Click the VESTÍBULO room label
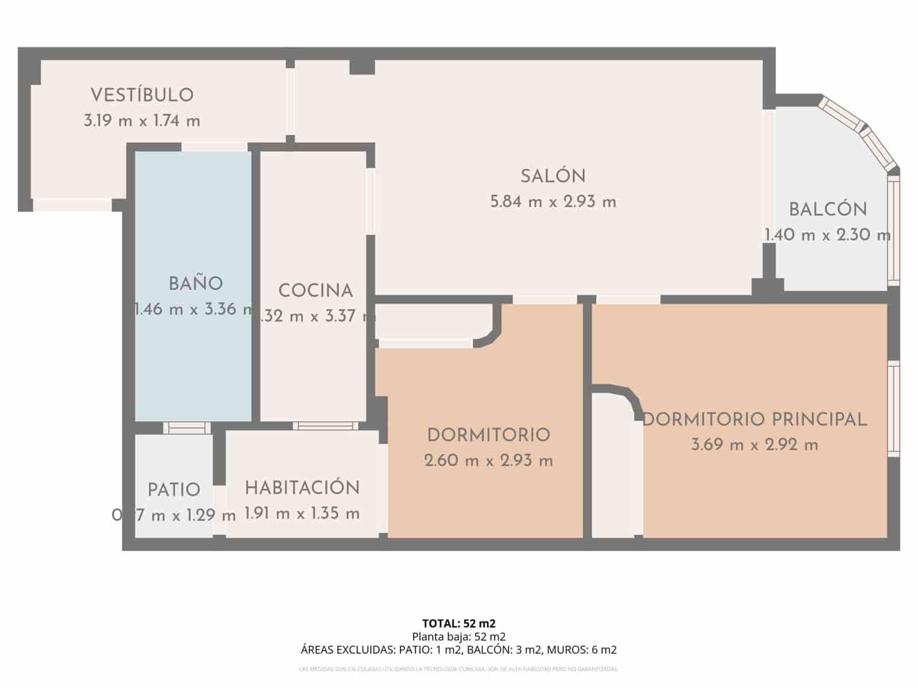142,95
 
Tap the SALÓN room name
553,177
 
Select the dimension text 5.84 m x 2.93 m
553,202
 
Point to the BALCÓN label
827,210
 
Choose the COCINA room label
315,291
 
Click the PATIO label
174,490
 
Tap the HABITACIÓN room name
302,488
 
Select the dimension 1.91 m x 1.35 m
302,514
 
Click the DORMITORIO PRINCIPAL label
754,420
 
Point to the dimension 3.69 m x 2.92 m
754,445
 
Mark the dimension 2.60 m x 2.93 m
489,460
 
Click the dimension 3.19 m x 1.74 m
142,121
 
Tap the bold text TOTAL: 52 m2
458,623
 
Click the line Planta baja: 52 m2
458,636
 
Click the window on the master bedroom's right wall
893,409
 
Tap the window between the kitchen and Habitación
325,425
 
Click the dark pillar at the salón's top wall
362,67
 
